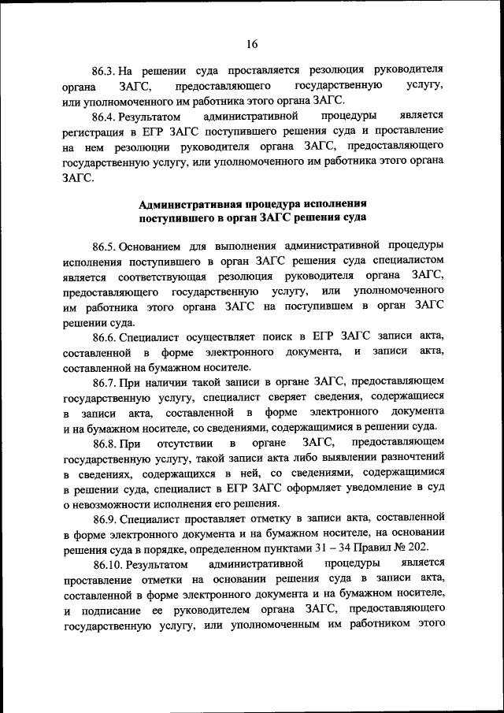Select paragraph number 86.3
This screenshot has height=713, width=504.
click(x=106, y=69)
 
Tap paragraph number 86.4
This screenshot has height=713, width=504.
click(x=106, y=115)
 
